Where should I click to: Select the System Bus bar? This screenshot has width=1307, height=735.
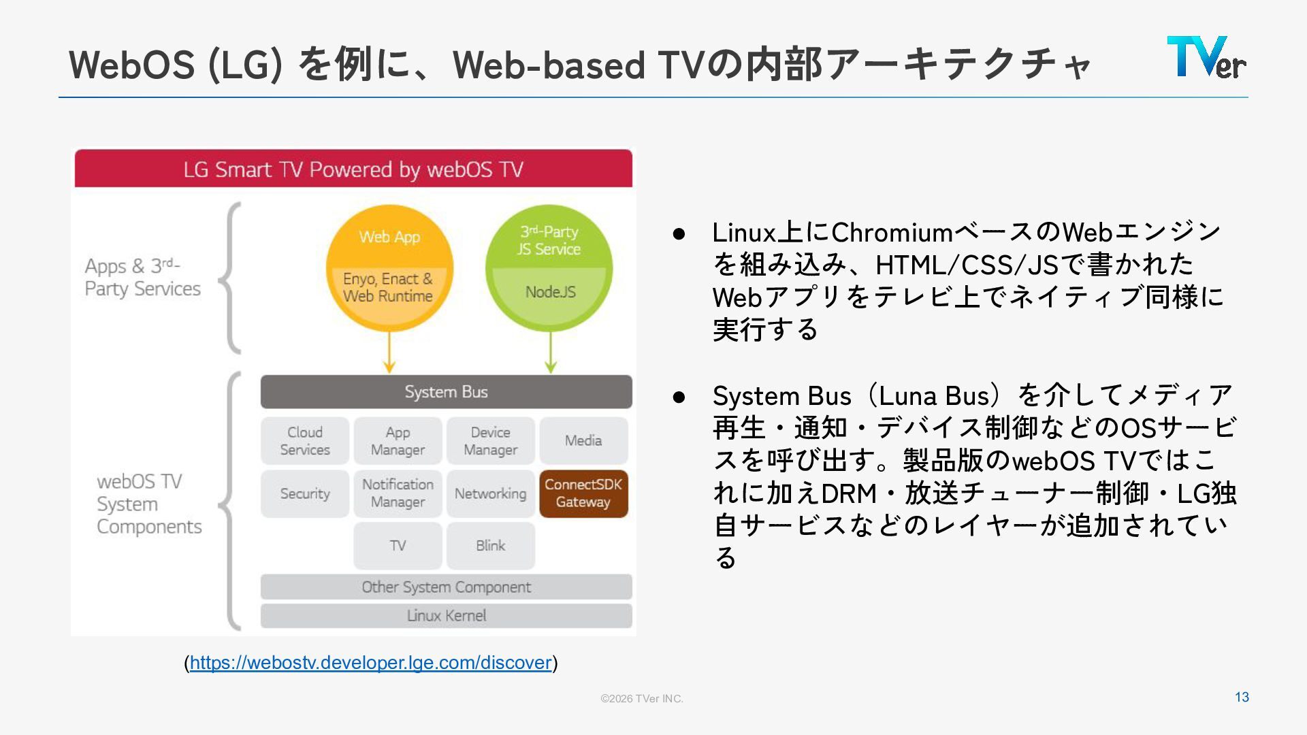click(x=446, y=392)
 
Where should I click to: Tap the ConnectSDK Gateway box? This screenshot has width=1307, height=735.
click(x=583, y=493)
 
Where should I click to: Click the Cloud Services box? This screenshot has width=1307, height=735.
click(x=305, y=441)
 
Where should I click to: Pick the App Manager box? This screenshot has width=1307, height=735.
click(x=398, y=441)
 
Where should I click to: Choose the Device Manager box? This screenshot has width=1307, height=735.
click(x=490, y=441)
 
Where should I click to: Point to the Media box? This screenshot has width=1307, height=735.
click(x=583, y=441)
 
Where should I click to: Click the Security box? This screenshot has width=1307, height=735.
click(x=305, y=493)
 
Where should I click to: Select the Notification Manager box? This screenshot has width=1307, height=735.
click(x=398, y=493)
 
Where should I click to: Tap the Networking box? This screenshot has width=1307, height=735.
click(x=490, y=493)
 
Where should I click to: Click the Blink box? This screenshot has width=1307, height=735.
click(x=490, y=546)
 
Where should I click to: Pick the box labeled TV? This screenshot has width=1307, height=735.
click(x=398, y=546)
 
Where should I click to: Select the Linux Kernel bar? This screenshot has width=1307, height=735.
click(x=446, y=616)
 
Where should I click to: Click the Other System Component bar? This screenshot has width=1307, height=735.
click(x=446, y=587)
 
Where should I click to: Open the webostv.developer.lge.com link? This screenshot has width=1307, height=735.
click(x=370, y=663)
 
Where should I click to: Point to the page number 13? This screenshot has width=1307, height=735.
click(x=1242, y=698)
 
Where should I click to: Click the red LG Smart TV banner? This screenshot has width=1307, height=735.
click(x=353, y=169)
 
